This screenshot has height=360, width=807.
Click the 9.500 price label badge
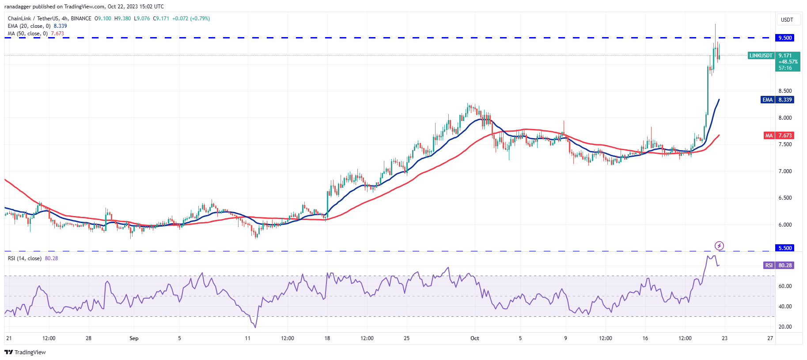(x=785, y=38)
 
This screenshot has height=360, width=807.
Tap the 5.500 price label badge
(x=785, y=248)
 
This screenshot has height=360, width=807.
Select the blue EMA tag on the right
(x=768, y=100)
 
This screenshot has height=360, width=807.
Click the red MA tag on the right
(x=769, y=136)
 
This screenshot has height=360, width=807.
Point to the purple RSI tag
(x=769, y=265)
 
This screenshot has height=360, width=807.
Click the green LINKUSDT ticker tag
(x=761, y=56)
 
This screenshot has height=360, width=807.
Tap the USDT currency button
(x=787, y=20)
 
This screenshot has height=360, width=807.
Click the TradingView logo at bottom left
(x=25, y=352)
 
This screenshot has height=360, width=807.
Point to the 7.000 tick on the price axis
(x=785, y=171)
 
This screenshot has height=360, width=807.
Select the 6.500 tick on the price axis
(x=785, y=198)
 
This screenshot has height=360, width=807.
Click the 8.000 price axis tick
(x=785, y=118)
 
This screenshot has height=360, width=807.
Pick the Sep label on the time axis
(x=134, y=338)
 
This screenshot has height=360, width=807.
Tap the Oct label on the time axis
(x=474, y=338)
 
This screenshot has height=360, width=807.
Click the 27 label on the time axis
(x=770, y=338)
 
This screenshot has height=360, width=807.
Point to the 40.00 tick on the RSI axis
(x=785, y=307)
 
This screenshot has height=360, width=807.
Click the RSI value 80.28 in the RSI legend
(x=51, y=258)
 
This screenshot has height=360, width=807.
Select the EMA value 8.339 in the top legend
(x=60, y=26)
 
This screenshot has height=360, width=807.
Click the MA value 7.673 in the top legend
(x=57, y=34)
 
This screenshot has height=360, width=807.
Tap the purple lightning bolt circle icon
(x=719, y=246)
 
